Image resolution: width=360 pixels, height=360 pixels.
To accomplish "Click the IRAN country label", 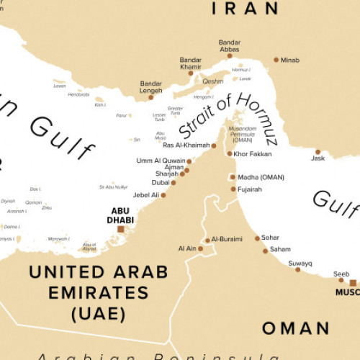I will pyautogui.click(x=246, y=9).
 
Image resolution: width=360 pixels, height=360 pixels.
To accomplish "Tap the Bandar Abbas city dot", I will pyautogui.click(x=230, y=55).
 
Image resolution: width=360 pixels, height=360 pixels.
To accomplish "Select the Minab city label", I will pyautogui.click(x=291, y=60).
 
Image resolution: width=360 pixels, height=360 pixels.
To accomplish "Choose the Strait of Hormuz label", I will pyautogui.click(x=227, y=114).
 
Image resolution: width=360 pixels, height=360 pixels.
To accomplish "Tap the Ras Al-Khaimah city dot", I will pyautogui.click(x=214, y=145).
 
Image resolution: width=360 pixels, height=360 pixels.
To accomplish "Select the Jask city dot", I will pyautogui.click(x=318, y=152).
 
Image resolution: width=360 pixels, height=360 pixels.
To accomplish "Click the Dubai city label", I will pyautogui.click(x=161, y=183).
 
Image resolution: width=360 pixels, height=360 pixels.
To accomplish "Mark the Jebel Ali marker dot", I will pyautogui.click(x=163, y=194).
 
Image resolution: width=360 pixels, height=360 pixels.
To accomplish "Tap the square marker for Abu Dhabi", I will pyautogui.click(x=120, y=229).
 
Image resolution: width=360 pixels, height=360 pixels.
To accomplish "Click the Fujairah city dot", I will pyautogui.click(x=233, y=189).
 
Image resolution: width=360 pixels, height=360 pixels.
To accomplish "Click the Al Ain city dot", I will pyautogui.click(x=200, y=249).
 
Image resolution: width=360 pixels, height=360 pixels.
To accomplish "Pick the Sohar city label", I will pyautogui.click(x=271, y=238).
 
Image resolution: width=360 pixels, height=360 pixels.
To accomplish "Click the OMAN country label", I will pyautogui.click(x=295, y=328).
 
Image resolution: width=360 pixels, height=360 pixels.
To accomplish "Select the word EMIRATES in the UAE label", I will pyautogui.click(x=99, y=293).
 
